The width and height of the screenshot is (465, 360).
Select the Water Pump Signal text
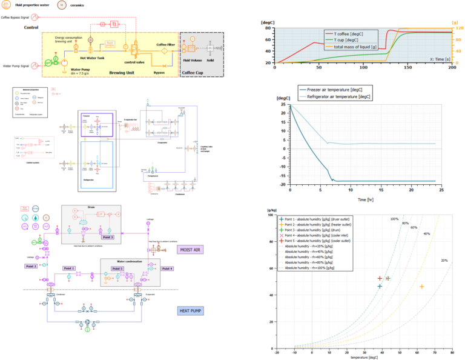click(x=18, y=65)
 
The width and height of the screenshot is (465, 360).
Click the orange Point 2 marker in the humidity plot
click(x=421, y=287)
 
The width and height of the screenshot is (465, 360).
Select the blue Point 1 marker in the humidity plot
click(x=380, y=287)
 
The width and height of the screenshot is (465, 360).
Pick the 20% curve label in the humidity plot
click(x=443, y=260)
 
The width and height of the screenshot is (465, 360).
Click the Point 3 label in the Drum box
click(x=108, y=238)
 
